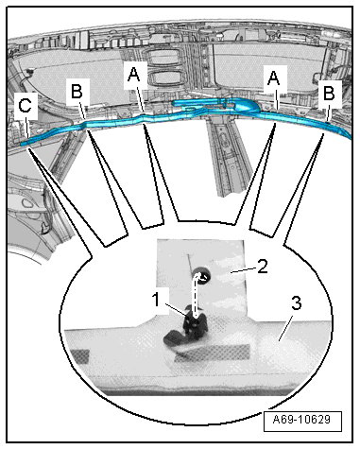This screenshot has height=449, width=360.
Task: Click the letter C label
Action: tap(26, 105)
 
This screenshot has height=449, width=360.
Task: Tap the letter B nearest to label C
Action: tap(77, 92)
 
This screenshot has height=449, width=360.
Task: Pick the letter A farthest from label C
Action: tap(273, 78)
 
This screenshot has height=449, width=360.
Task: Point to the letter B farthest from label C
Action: tap(329, 93)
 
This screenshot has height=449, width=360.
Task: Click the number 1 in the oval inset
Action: tap(156, 299)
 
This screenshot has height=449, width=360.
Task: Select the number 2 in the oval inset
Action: tap(263, 266)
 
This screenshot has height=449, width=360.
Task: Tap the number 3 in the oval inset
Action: tap(296, 303)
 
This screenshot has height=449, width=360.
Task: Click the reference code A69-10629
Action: tap(301, 420)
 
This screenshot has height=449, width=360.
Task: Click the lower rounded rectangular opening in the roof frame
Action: tap(165, 78)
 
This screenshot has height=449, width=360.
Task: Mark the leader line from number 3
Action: tap(285, 329)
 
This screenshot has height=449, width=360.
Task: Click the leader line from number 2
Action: tap(243, 269)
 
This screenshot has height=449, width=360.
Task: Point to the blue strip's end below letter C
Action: tap(23, 144)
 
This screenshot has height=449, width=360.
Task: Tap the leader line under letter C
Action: tap(26, 125)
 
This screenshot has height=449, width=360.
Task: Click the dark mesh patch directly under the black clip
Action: tap(212, 353)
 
